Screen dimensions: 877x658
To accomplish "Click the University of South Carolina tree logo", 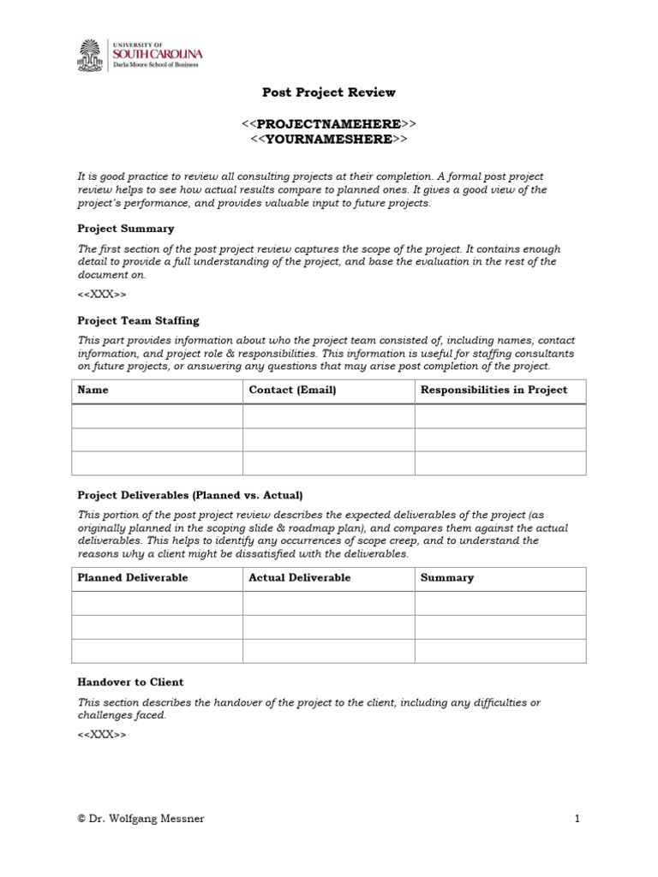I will coord(90,56).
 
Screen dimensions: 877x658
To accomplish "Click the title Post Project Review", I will coord(328,92).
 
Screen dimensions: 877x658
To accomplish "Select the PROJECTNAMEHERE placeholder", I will coord(328,124).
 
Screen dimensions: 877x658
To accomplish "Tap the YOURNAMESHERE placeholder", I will coord(328,139).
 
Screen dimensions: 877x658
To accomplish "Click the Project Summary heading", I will coord(125,229).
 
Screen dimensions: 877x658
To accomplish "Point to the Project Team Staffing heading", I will coord(138,320).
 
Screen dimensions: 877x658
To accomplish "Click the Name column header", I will coord(93,391).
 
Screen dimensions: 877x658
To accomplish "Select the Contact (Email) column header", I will coord(292,391).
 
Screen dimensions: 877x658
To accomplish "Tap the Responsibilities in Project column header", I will coord(493,391).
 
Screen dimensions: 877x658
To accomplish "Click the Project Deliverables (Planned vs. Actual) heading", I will coord(190,495).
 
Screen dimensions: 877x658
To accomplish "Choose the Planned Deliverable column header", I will coord(133,578).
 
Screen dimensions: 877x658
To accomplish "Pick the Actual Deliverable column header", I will coord(299,578).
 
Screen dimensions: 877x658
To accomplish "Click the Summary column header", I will coord(446,578).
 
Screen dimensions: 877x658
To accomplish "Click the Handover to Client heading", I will coord(130,682).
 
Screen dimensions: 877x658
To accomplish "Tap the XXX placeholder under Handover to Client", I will coord(102,735).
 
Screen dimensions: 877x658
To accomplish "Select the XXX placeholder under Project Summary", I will coord(102,295).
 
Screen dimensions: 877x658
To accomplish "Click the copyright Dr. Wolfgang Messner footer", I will coord(141,819).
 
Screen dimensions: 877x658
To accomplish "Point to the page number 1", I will coord(577,819).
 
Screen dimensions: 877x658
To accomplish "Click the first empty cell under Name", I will coord(157,416).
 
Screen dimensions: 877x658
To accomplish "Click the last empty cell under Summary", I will coord(500,651).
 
